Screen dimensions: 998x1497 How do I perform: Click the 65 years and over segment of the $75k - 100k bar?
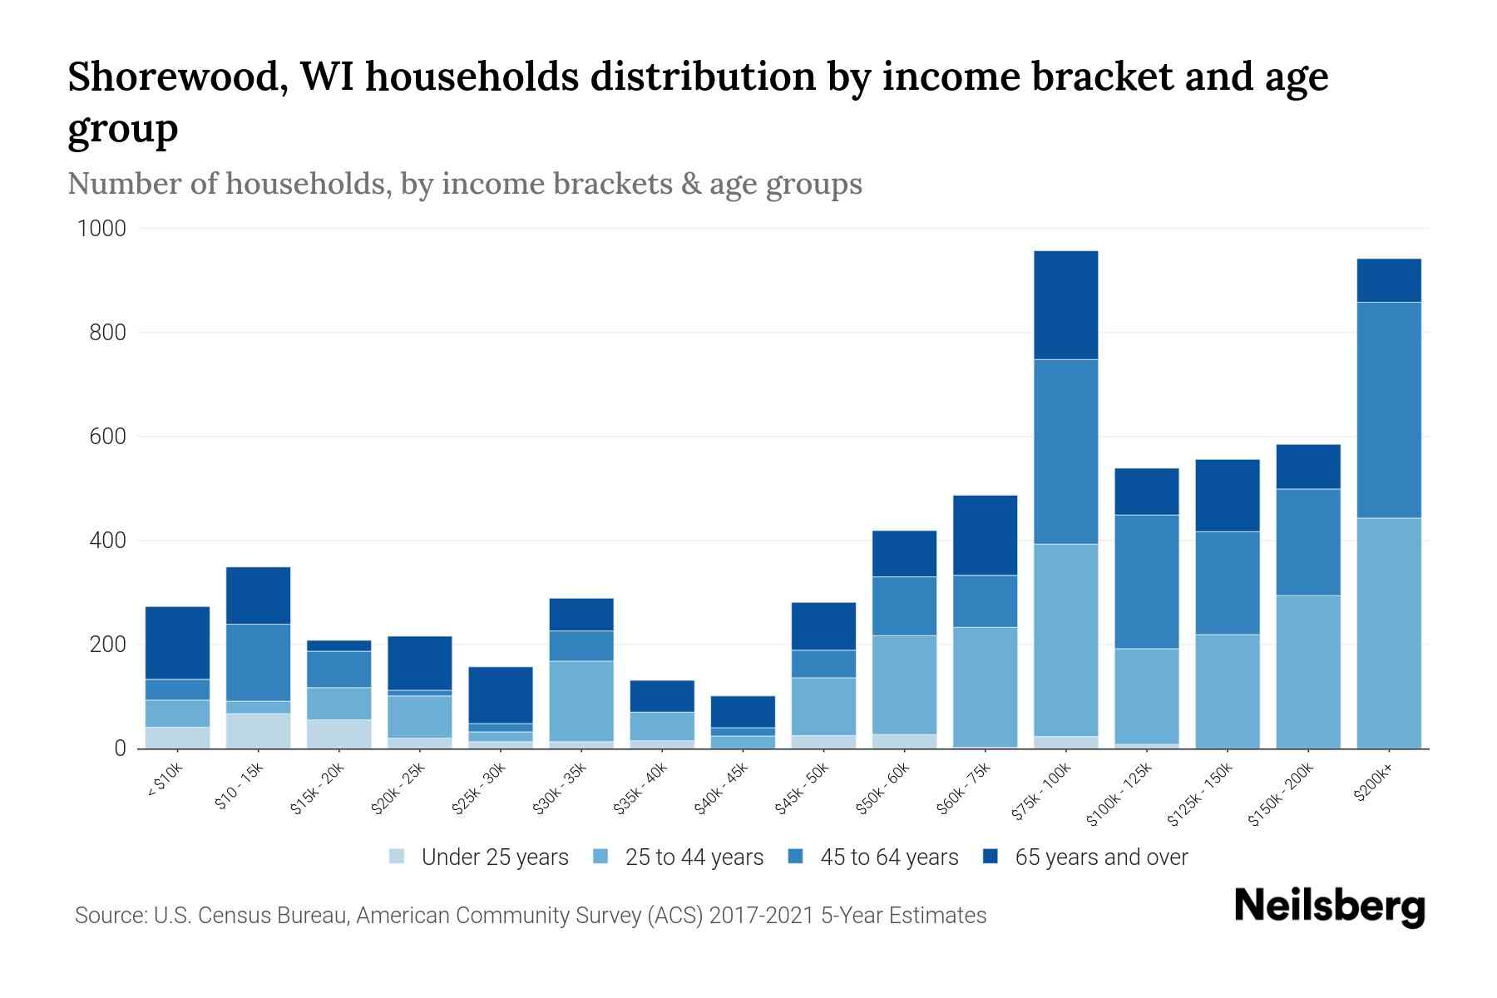point(1065,305)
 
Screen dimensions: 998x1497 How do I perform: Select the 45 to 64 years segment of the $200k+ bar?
point(1388,410)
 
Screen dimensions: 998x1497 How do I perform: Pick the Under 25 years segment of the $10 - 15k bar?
point(258,730)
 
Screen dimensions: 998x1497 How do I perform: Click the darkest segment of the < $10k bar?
point(177,643)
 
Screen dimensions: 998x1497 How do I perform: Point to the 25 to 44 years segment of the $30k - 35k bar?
point(581,700)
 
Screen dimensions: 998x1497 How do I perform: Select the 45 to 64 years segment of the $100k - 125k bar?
point(1146,581)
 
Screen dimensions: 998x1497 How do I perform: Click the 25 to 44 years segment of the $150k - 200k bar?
point(1307,671)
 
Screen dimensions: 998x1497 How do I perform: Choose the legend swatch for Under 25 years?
point(398,857)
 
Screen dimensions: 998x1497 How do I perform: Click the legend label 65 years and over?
point(1101,857)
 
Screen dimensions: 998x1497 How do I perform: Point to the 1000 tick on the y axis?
point(101,229)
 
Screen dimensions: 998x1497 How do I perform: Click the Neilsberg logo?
point(1329,907)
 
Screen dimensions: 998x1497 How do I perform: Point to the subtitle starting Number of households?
point(465,184)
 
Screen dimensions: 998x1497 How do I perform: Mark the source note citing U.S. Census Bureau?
point(531,916)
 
